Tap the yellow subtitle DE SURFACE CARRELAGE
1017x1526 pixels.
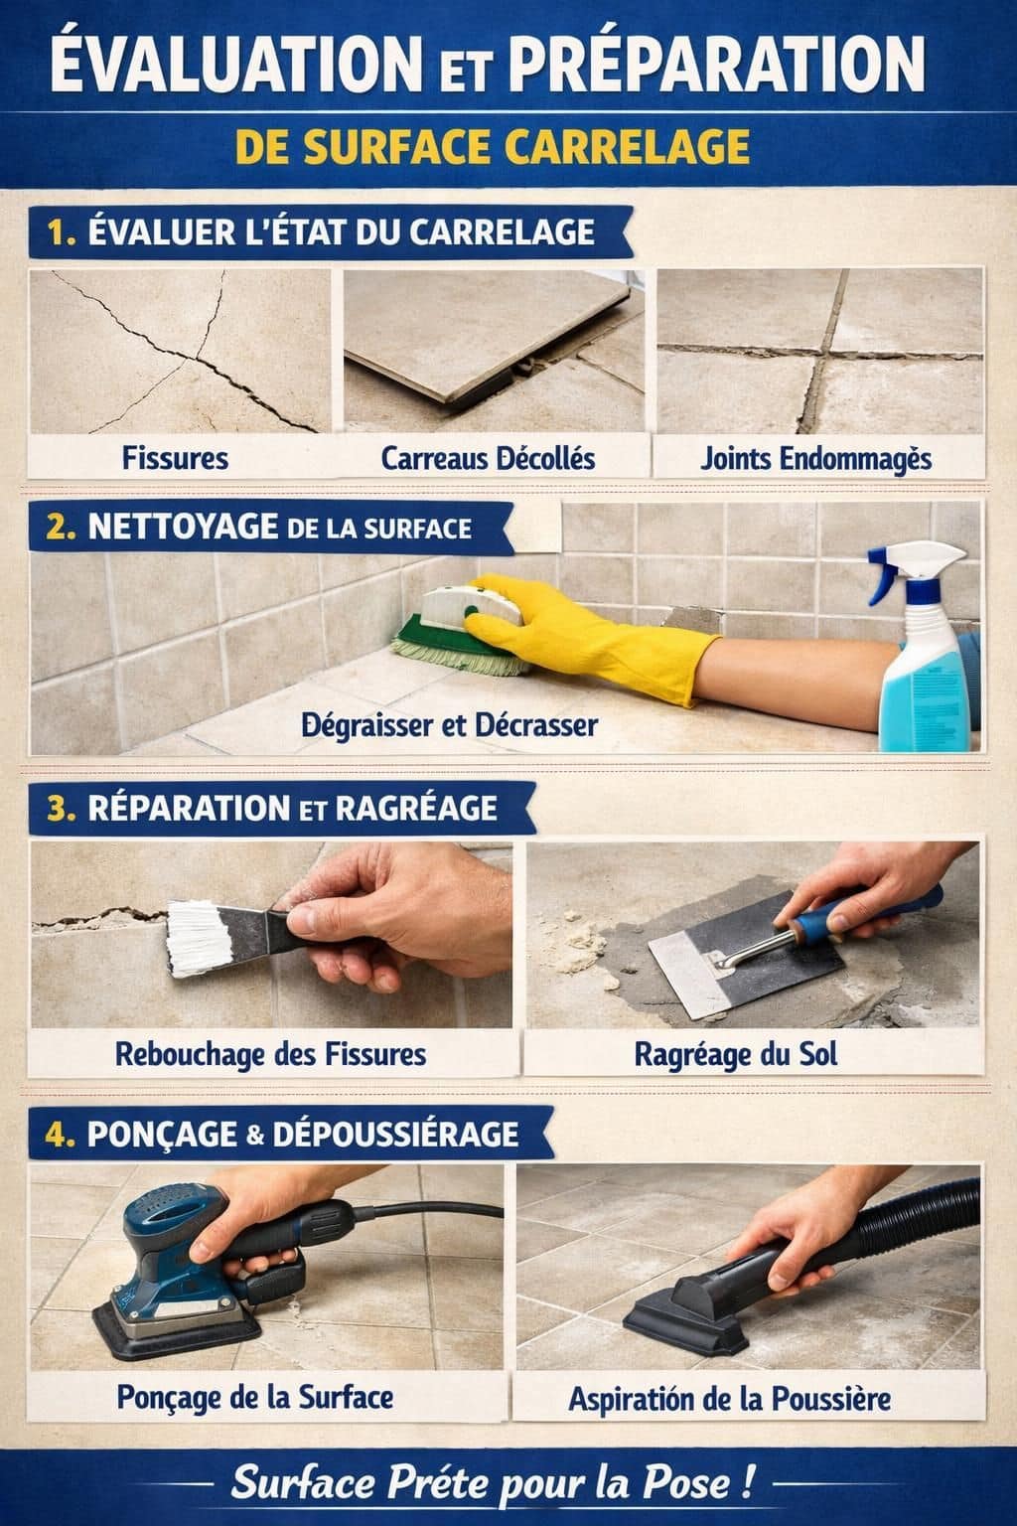coord(493,146)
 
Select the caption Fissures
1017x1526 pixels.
coord(175,458)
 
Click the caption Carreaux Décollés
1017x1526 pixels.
coord(488,458)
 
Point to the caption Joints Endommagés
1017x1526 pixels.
coord(815,458)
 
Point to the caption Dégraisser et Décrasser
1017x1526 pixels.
coord(449,724)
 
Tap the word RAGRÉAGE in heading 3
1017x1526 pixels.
coord(416,808)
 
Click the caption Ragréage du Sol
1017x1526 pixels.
coord(735,1054)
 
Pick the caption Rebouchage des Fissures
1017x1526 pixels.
coord(270,1054)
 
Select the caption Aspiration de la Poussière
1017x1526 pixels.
coord(729,1399)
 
